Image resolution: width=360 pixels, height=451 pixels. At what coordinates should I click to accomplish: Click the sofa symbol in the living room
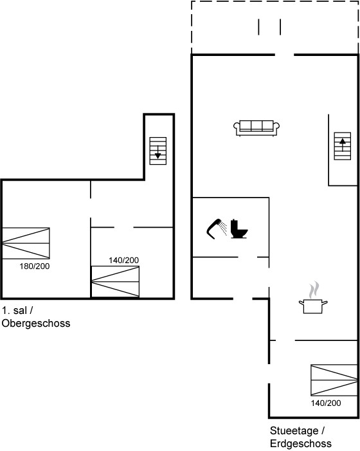click(x=256, y=128)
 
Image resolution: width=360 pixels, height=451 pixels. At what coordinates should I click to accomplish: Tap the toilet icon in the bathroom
click(x=239, y=229)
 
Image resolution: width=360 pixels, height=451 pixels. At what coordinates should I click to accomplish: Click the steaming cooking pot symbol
click(x=313, y=306)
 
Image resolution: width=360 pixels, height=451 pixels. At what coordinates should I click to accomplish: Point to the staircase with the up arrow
click(x=343, y=146)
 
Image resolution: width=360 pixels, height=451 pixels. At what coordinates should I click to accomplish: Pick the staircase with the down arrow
click(x=158, y=151)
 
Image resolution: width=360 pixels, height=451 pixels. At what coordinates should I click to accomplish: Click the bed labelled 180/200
click(x=26, y=243)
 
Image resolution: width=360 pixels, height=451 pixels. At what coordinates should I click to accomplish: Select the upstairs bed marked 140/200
click(x=115, y=282)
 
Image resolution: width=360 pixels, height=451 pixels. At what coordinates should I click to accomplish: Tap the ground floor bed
click(x=334, y=380)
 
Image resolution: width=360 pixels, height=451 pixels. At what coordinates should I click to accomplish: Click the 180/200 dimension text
click(x=35, y=266)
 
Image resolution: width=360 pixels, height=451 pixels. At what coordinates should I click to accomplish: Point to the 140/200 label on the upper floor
click(x=123, y=261)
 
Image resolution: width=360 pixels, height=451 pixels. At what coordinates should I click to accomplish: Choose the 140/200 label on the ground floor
click(x=326, y=403)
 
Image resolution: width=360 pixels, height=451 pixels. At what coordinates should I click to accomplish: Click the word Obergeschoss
click(x=36, y=324)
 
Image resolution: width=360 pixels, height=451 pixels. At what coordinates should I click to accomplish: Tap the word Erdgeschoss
click(x=301, y=443)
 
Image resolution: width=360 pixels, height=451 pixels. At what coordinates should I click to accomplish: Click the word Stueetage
click(x=294, y=431)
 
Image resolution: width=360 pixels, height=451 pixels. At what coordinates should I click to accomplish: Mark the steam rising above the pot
click(x=314, y=290)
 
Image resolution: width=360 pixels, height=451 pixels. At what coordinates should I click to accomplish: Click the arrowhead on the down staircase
click(x=157, y=156)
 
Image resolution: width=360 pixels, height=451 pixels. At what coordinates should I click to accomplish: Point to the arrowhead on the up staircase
click(x=343, y=141)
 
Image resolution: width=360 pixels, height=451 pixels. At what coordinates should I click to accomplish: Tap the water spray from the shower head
click(x=222, y=228)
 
